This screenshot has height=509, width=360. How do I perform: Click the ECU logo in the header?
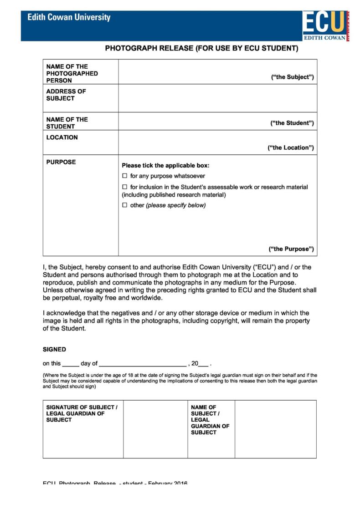325,25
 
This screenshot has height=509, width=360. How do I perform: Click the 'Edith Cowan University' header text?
69,18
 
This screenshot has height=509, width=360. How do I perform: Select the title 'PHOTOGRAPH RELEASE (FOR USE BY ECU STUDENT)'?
201,48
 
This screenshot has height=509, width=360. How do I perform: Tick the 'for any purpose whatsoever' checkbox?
124,176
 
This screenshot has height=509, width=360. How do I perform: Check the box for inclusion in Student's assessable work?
124,187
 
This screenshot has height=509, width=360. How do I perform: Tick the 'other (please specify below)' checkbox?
124,205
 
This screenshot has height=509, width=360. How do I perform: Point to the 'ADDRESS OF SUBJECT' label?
66,95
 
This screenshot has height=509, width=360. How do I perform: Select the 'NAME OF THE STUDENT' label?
67,123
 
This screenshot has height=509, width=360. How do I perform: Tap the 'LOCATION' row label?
62,137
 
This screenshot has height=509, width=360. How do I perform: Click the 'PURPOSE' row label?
61,162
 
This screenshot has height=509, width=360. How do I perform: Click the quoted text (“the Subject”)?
292,77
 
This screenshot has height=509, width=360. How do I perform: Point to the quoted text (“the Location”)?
290,148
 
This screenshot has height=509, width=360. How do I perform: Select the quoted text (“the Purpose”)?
291,249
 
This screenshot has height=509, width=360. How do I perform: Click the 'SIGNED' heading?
54,349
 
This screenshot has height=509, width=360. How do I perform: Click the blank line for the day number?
70,364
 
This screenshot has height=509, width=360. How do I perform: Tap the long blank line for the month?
143,364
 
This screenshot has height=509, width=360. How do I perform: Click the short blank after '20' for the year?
204,364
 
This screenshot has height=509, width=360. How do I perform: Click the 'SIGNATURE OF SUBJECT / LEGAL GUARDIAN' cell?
82,413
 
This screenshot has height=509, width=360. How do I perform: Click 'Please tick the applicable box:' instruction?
165,165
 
